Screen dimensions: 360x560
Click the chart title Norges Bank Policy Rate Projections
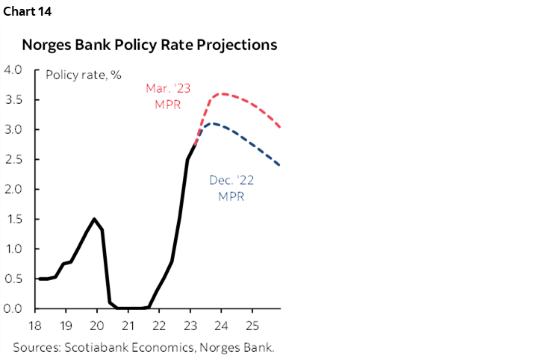[x=149, y=45]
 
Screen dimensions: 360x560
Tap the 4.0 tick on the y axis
[x=13, y=70]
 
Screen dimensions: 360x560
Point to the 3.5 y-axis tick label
[x=13, y=100]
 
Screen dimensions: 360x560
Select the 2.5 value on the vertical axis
[x=13, y=160]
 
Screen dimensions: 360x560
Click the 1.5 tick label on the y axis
[x=13, y=219]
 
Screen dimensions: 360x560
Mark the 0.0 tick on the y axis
[x=13, y=308]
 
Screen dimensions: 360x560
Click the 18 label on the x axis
[x=34, y=326]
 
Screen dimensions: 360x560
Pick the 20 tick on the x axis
[x=96, y=326]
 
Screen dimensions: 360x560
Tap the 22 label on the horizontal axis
[x=158, y=326]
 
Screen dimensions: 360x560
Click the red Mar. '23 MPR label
[x=168, y=96]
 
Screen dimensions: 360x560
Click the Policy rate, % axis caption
[x=84, y=75]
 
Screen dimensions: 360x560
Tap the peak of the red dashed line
[x=222, y=94]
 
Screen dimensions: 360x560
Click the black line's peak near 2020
[x=94, y=219]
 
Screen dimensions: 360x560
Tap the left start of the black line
[x=38, y=279]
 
